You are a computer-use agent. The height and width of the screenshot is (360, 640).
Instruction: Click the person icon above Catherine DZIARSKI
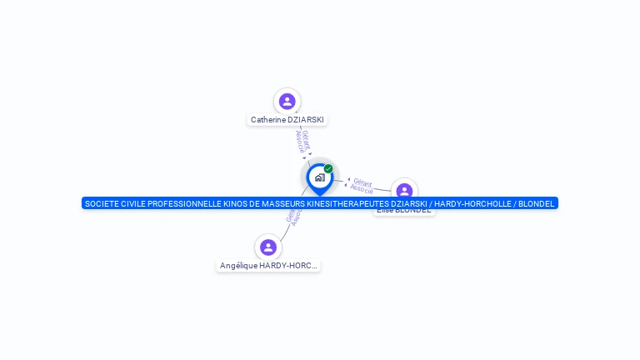pyautogui.click(x=287, y=102)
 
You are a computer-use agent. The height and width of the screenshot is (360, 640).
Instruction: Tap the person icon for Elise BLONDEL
pyautogui.click(x=404, y=192)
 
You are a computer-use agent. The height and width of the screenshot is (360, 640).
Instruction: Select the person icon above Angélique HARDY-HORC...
pyautogui.click(x=268, y=247)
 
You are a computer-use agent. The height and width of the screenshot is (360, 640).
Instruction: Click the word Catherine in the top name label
pyautogui.click(x=267, y=120)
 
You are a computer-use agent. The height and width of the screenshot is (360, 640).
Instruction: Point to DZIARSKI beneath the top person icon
pyautogui.click(x=305, y=120)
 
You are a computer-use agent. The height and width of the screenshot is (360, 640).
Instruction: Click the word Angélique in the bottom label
pyautogui.click(x=237, y=266)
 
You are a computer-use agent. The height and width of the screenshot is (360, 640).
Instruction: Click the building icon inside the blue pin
pyautogui.click(x=319, y=177)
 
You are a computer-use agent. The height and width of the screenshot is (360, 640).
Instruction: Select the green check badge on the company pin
pyautogui.click(x=328, y=169)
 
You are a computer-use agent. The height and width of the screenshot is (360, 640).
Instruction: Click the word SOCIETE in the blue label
pyautogui.click(x=102, y=203)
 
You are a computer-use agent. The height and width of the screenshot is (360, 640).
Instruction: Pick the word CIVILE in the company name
pyautogui.click(x=137, y=203)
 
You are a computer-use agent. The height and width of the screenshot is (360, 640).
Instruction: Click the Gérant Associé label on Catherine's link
pyautogui.click(x=303, y=142)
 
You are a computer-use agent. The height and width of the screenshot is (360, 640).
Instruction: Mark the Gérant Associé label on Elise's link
pyautogui.click(x=362, y=185)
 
